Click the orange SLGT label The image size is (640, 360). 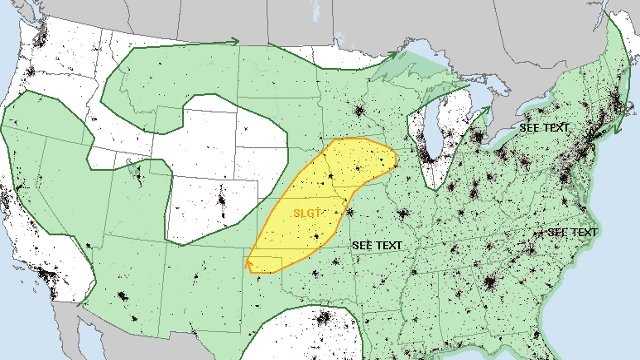coord(307,212)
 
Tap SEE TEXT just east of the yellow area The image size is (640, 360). coord(377,244)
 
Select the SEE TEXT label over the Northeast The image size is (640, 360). coord(544,129)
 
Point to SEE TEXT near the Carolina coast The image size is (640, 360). coord(572,232)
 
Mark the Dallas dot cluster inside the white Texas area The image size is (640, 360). coord(323,320)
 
